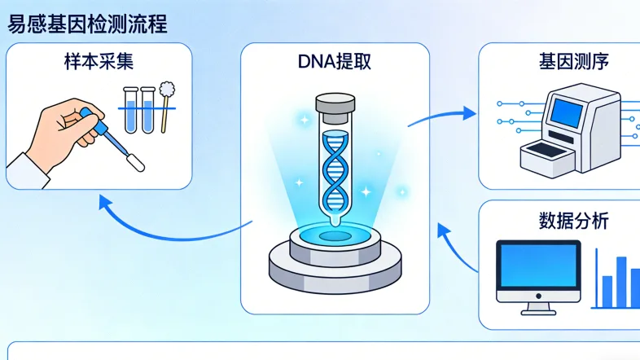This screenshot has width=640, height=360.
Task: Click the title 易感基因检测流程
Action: (87, 24)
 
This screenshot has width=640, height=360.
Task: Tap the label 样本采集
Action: (99, 63)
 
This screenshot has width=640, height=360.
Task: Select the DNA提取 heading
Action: (335, 63)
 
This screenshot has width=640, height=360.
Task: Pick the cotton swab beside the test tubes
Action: (168, 101)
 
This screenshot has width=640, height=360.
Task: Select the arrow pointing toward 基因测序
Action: (444, 114)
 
